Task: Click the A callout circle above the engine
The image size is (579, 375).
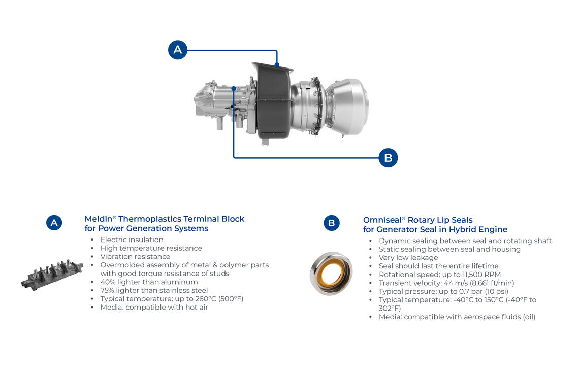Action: tap(178, 50)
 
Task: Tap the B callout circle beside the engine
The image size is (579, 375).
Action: tap(388, 158)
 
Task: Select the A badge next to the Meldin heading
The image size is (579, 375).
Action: tap(54, 223)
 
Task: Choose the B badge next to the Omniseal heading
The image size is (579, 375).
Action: tap(332, 223)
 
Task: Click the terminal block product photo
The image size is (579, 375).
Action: tap(52, 275)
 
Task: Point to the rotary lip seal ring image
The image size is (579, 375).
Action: tap(331, 274)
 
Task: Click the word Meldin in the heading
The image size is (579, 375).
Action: tap(98, 219)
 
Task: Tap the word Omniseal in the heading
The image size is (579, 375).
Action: tap(382, 220)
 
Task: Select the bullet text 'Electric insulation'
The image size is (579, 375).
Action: tap(132, 240)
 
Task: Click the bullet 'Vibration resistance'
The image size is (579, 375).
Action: tap(135, 257)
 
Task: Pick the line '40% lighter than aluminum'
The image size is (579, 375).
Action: tap(149, 282)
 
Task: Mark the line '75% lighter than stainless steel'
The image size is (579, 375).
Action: tap(154, 290)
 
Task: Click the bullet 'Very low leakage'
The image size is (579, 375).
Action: tap(408, 258)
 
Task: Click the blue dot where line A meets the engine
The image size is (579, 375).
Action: tap(277, 65)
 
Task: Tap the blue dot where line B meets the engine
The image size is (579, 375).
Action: tap(234, 89)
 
